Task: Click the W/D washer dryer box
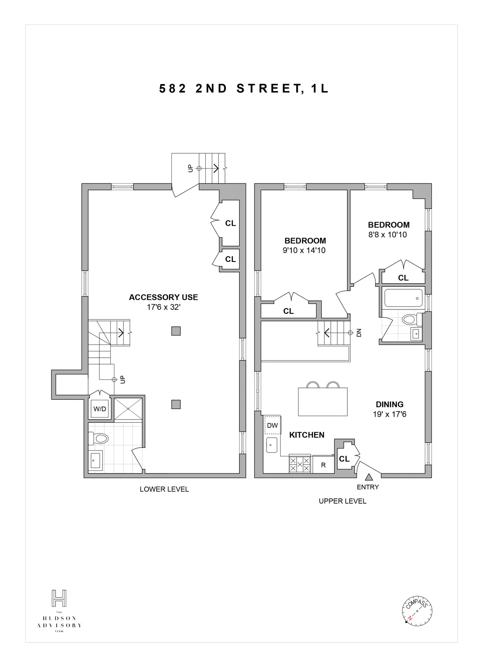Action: click(x=100, y=409)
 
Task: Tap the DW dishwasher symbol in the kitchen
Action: click(x=272, y=425)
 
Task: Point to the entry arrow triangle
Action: click(x=368, y=478)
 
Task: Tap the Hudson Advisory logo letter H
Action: click(x=59, y=598)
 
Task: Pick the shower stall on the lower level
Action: click(x=128, y=409)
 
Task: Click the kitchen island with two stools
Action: click(x=322, y=401)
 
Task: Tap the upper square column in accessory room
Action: click(x=175, y=331)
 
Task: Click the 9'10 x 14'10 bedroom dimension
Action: click(x=304, y=251)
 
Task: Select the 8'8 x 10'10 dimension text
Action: click(x=388, y=235)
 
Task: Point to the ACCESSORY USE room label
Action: click(x=163, y=297)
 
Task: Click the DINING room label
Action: click(x=389, y=404)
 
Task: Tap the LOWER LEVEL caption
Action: click(x=164, y=489)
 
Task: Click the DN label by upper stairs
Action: click(x=359, y=333)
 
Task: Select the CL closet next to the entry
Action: click(x=344, y=459)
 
